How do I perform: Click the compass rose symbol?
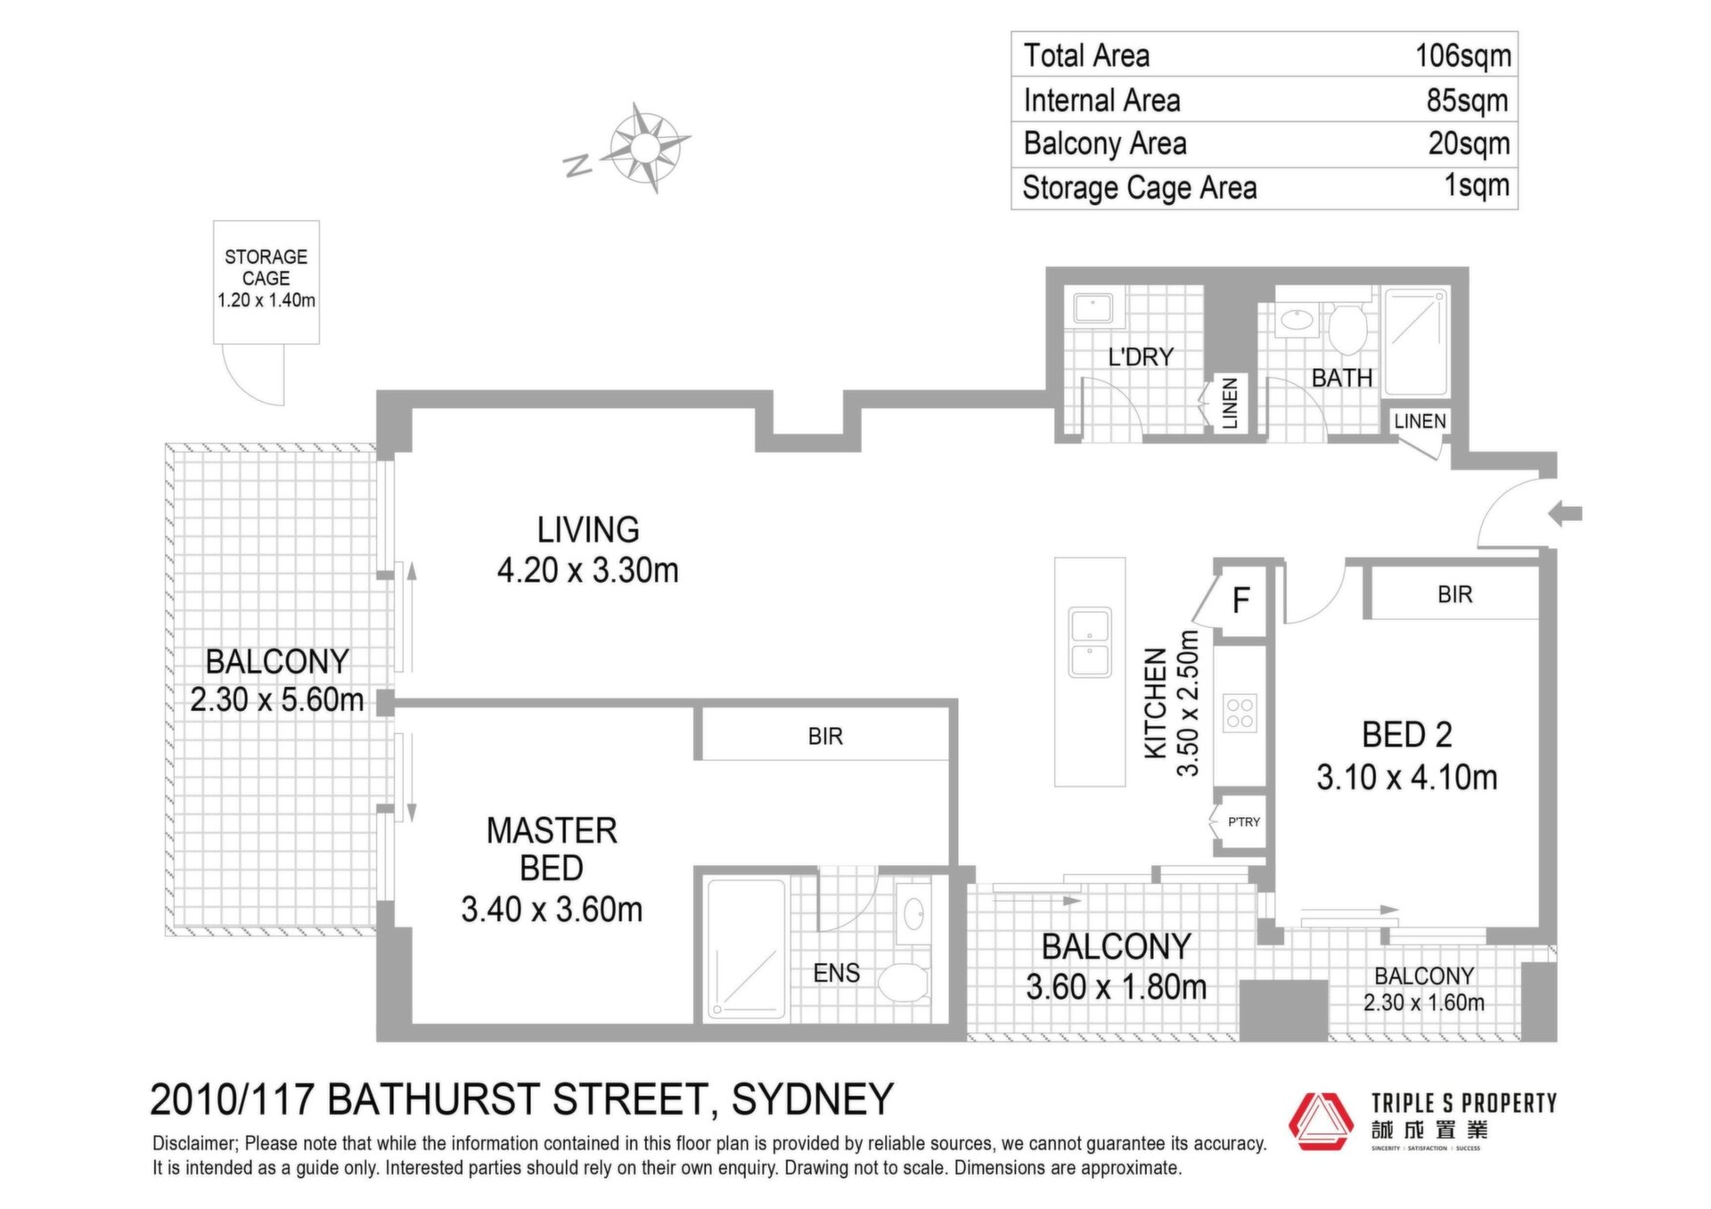point(646,147)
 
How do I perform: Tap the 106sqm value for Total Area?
point(1463,55)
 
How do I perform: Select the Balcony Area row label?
point(1105,143)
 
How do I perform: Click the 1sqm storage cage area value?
point(1477,185)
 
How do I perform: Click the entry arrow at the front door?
point(1565,513)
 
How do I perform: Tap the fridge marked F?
point(1240,600)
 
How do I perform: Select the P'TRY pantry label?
point(1244,821)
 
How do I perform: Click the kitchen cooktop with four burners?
point(1240,713)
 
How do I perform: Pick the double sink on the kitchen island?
point(1089,642)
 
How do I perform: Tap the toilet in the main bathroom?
point(1347,328)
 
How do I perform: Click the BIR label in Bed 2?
point(1454,594)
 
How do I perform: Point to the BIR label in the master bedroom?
point(825,736)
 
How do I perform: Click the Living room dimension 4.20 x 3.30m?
point(588,570)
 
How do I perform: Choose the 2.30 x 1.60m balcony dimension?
point(1424,1002)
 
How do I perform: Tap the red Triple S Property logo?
point(1322,1120)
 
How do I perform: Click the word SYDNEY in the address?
point(813,1099)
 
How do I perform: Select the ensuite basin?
point(913,914)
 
